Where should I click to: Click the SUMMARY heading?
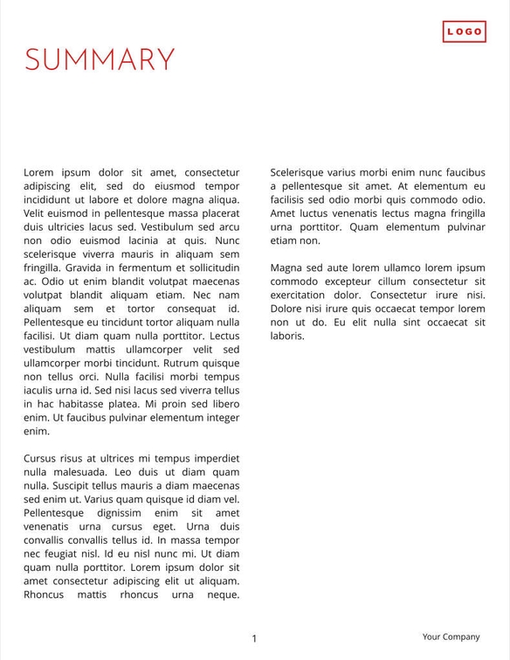pos(100,59)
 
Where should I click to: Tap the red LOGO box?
pos(464,31)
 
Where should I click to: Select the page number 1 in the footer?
pos(254,639)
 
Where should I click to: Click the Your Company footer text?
pos(451,637)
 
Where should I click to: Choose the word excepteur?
pos(353,281)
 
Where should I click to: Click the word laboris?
pos(287,335)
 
